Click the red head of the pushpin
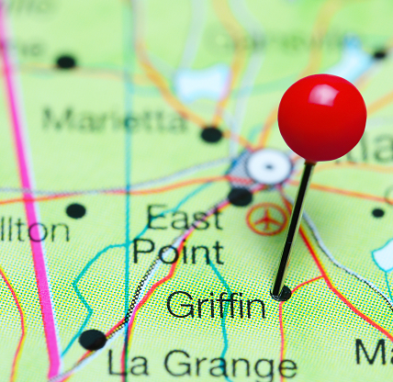click(x=321, y=118)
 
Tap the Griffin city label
click(x=216, y=305)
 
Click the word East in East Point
click(x=184, y=219)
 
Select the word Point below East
click(x=177, y=251)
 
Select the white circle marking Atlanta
click(x=268, y=167)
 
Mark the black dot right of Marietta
click(x=212, y=134)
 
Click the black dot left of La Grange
click(x=92, y=340)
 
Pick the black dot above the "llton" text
click(x=76, y=210)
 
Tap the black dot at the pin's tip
click(x=281, y=293)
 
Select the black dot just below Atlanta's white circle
click(x=241, y=196)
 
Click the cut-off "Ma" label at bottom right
click(x=374, y=353)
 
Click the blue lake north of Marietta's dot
click(x=203, y=83)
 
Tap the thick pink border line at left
click(x=28, y=184)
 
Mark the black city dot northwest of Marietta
click(x=66, y=62)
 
